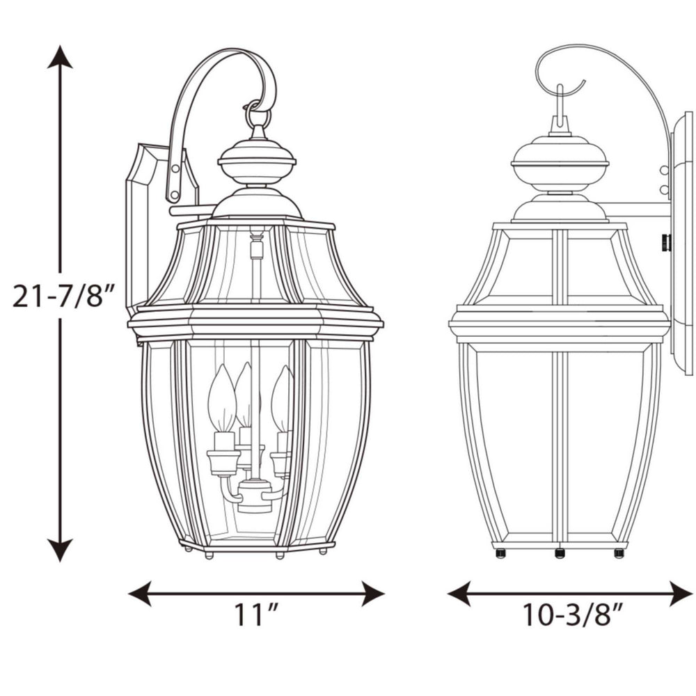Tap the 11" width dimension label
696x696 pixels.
point(256,615)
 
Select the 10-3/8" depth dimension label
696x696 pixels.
point(572,615)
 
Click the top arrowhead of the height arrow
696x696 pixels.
point(61,56)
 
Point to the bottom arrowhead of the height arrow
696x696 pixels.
point(61,551)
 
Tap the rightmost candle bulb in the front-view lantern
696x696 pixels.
point(282,400)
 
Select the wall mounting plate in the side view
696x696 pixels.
point(681,244)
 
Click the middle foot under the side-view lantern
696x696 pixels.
point(559,553)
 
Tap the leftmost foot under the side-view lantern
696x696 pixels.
point(499,553)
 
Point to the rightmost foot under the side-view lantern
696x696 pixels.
point(619,553)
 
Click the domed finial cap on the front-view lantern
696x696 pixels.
point(257,160)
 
